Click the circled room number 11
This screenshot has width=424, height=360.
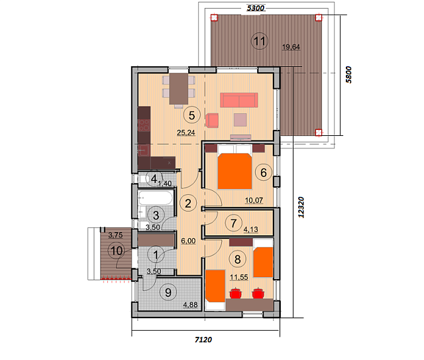pyautogui.click(x=260, y=41)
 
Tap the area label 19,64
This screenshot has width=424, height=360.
pyautogui.click(x=291, y=47)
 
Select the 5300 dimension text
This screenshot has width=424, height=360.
pyautogui.click(x=256, y=8)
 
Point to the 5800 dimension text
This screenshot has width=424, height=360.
pyautogui.click(x=349, y=75)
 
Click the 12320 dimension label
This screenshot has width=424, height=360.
pyautogui.click(x=301, y=208)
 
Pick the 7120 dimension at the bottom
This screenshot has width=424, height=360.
pyautogui.click(x=203, y=339)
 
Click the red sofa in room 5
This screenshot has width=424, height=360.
pyautogui.click(x=238, y=100)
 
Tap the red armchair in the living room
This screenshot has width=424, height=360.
pyautogui.click(x=212, y=120)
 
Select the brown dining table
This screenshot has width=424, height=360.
pyautogui.click(x=178, y=89)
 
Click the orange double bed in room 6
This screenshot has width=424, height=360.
pyautogui.click(x=235, y=171)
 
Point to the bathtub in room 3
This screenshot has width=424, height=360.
pyautogui.click(x=155, y=198)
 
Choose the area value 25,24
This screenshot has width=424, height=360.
pyautogui.click(x=186, y=133)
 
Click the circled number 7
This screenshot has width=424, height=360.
pyautogui.click(x=234, y=223)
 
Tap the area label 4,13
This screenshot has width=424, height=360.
pyautogui.click(x=250, y=229)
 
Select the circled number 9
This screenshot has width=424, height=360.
pyautogui.click(x=168, y=292)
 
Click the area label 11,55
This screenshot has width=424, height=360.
pyautogui.click(x=239, y=277)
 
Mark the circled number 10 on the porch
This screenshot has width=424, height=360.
pyautogui.click(x=117, y=251)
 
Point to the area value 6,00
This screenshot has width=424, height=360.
pyautogui.click(x=188, y=241)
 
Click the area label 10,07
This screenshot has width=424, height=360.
pyautogui.click(x=254, y=200)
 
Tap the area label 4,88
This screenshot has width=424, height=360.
pyautogui.click(x=190, y=305)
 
